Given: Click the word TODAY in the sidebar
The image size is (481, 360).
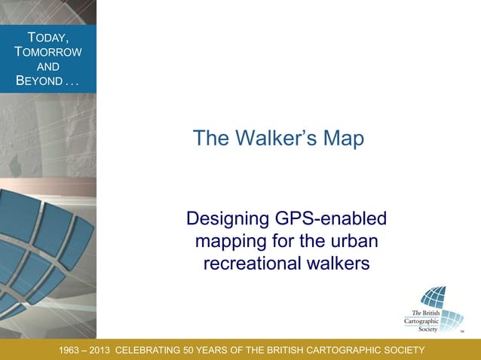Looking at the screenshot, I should pyautogui.click(x=48, y=38).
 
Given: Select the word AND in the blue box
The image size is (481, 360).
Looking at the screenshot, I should pyautogui.click(x=48, y=66).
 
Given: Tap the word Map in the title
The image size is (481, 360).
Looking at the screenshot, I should pyautogui.click(x=345, y=139).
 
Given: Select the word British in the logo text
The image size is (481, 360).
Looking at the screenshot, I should pyautogui.click(x=432, y=313).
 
